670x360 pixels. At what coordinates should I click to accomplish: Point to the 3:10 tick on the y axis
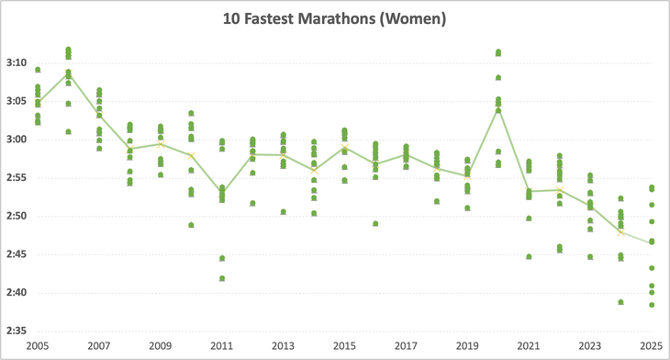tap(17, 63)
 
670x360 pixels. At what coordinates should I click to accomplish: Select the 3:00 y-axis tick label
tap(17, 140)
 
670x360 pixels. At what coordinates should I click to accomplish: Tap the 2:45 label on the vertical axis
tap(17, 254)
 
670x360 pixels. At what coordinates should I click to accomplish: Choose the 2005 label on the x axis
tap(38, 346)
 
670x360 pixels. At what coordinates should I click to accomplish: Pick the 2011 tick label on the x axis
tap(221, 346)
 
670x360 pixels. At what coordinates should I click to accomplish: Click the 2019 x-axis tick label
tap(467, 346)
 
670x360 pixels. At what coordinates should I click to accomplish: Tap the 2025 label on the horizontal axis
tap(651, 346)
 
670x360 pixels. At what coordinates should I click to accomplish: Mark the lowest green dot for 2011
tap(221, 278)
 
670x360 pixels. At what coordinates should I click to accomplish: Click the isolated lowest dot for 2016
tap(375, 223)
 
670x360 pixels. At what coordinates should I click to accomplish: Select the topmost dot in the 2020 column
tap(498, 52)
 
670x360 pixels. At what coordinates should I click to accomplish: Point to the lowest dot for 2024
tap(621, 302)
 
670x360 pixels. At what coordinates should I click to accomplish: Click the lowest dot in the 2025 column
tap(652, 305)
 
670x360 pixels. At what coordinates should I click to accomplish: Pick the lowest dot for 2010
tap(191, 225)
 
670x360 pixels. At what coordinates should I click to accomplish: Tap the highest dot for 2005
tap(38, 70)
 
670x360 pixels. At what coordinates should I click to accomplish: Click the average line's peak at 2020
tap(498, 109)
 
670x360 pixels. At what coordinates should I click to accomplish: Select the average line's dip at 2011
tap(221, 192)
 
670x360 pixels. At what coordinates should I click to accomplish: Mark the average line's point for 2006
tap(68, 73)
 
